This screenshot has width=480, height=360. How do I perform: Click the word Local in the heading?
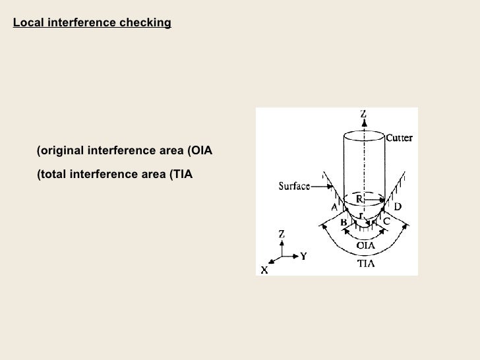coord(27,24)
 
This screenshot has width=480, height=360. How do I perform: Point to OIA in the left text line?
coord(200,151)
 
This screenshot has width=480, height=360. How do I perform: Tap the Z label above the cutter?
coord(363,113)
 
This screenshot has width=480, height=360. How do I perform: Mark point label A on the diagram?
coord(334,207)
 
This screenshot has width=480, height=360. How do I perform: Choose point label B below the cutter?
coord(344,223)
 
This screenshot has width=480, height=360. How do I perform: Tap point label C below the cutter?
coord(386,222)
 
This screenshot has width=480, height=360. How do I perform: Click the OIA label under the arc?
coord(366,245)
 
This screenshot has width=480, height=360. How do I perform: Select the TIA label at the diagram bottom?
coord(366,262)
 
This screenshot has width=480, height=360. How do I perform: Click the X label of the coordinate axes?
coord(264,270)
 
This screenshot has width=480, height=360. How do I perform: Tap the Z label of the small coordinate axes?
coord(282,233)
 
